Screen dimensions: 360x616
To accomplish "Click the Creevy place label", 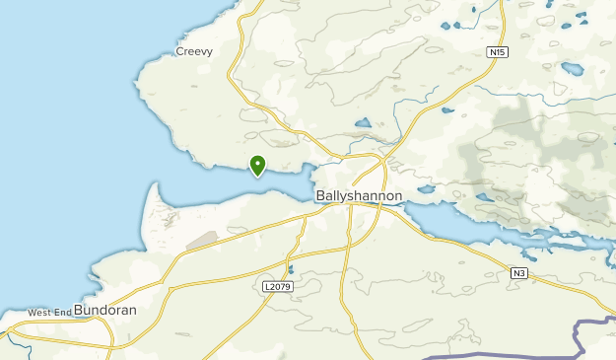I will (x=194, y=51).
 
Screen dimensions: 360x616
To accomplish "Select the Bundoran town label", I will (x=104, y=310).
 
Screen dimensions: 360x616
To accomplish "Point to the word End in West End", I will (x=63, y=313).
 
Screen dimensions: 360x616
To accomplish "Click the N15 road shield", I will (x=497, y=51).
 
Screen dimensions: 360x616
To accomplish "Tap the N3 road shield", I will (x=519, y=273).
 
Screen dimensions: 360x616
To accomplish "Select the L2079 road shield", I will (x=279, y=286).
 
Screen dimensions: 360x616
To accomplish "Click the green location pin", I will (x=257, y=165).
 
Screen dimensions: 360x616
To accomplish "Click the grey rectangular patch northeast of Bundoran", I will (x=202, y=240).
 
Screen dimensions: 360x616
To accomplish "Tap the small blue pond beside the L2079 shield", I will (x=291, y=268).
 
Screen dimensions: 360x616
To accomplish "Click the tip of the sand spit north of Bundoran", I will (x=154, y=184).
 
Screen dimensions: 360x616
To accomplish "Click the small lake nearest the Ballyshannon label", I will (x=426, y=188).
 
